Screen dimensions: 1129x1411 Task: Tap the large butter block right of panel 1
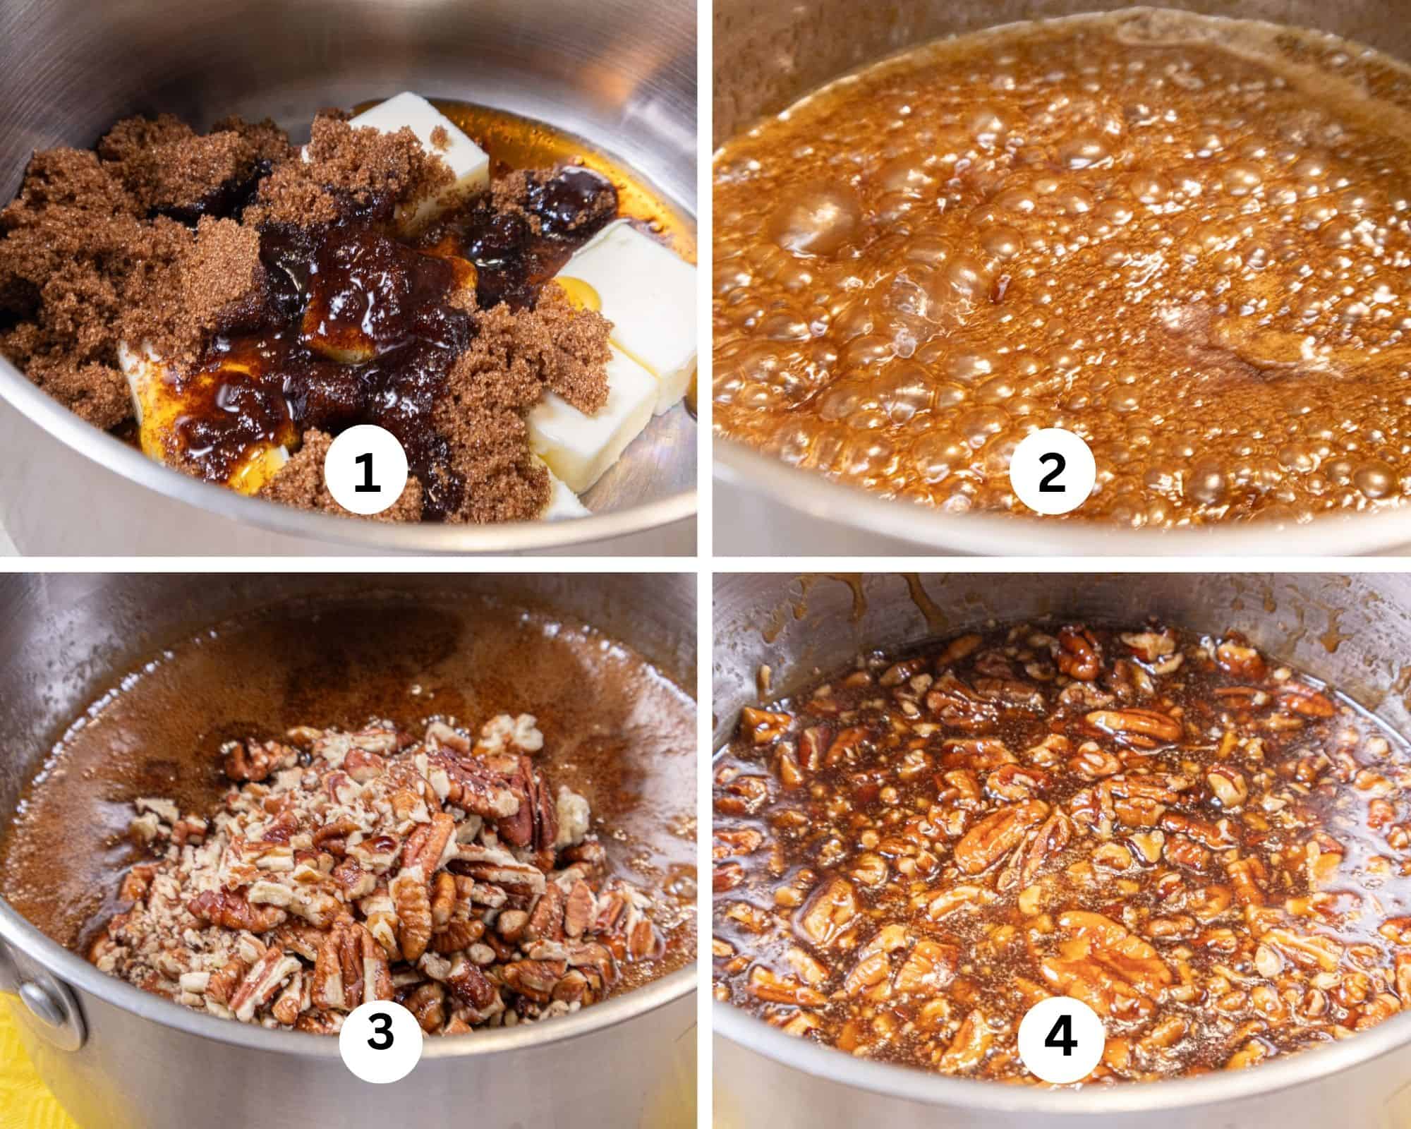point(628,296)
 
